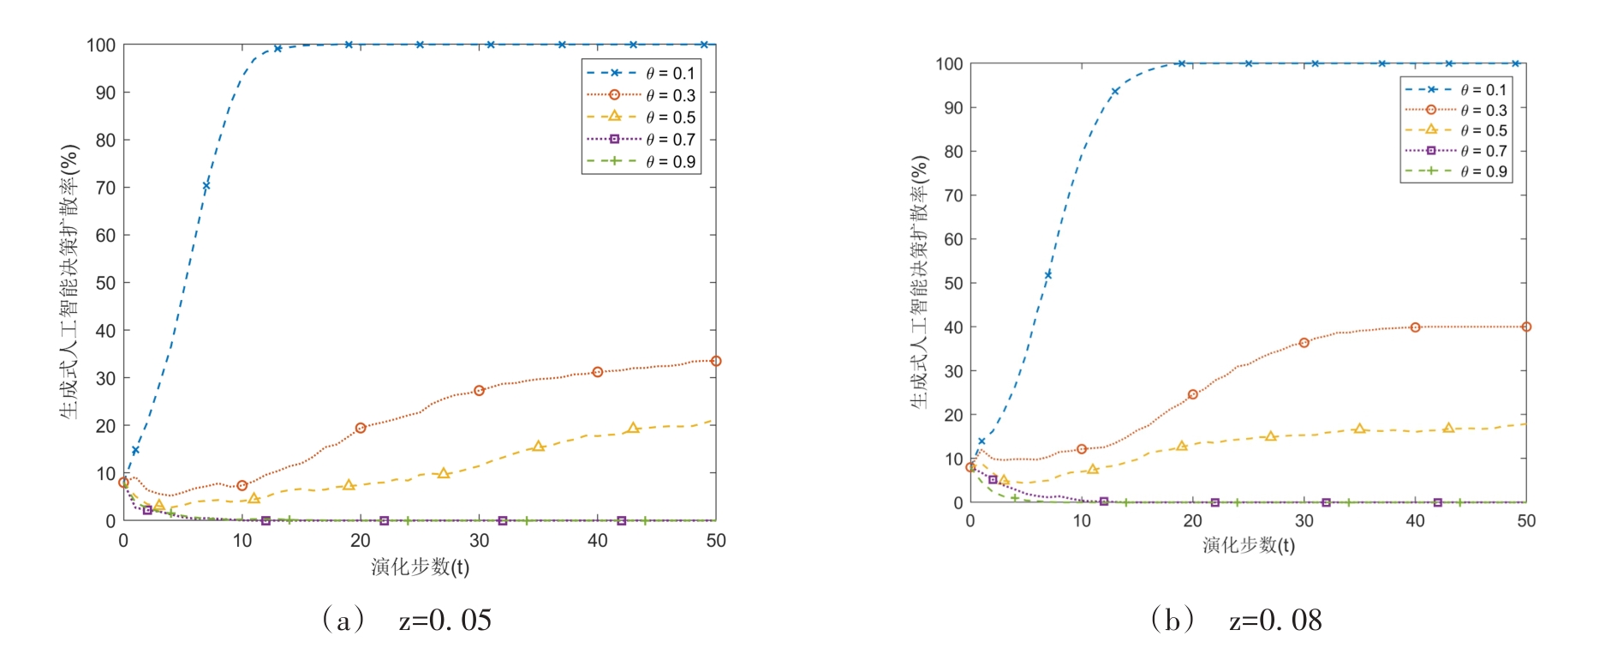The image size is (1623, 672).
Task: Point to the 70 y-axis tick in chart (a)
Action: pyautogui.click(x=104, y=188)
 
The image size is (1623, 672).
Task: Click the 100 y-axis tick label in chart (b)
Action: pyautogui.click(x=949, y=63)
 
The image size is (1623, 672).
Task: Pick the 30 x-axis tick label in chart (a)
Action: pyautogui.click(x=479, y=541)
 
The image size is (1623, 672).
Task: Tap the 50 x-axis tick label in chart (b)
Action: pyautogui.click(x=1526, y=521)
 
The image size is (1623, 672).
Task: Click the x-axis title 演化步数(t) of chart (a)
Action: pyautogui.click(x=420, y=567)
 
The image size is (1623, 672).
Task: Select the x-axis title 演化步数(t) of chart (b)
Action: pyautogui.click(x=1248, y=545)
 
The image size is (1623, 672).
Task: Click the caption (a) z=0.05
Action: pyautogui.click(x=407, y=620)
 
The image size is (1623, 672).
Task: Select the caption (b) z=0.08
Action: pyautogui.click(x=1237, y=620)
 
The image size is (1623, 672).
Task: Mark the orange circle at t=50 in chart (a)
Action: pyautogui.click(x=716, y=362)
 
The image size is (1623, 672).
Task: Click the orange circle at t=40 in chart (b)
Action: pyautogui.click(x=1415, y=327)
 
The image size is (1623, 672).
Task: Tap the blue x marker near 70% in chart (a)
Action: pyautogui.click(x=206, y=185)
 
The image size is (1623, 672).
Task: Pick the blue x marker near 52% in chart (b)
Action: pyautogui.click(x=1047, y=275)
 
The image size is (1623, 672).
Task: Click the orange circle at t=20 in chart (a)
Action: pyautogui.click(x=361, y=428)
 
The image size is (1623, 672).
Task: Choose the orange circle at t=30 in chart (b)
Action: pyautogui.click(x=1304, y=343)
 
